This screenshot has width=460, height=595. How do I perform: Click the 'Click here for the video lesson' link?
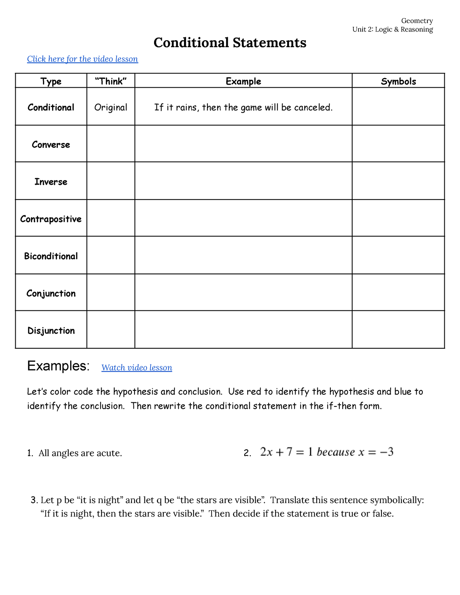(82, 59)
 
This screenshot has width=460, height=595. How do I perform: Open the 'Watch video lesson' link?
(136, 368)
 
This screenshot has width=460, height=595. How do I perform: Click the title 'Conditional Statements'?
(230, 43)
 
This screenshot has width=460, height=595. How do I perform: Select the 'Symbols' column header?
(398, 81)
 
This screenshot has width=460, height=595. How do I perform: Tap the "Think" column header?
(111, 81)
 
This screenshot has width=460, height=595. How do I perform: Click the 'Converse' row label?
(51, 145)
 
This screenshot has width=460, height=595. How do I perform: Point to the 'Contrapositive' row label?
(51, 219)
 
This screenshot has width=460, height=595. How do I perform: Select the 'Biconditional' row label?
(51, 256)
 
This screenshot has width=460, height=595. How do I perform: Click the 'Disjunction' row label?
(51, 331)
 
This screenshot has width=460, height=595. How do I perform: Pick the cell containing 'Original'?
(111, 107)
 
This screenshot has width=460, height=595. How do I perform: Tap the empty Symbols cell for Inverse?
(398, 181)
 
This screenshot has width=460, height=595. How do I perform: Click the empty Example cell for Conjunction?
(243, 292)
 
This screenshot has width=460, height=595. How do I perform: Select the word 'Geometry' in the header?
(417, 21)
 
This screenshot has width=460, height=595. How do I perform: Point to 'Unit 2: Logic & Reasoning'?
(393, 30)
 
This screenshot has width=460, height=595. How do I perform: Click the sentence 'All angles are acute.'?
(80, 453)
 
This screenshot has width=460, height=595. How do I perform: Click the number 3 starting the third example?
(34, 500)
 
